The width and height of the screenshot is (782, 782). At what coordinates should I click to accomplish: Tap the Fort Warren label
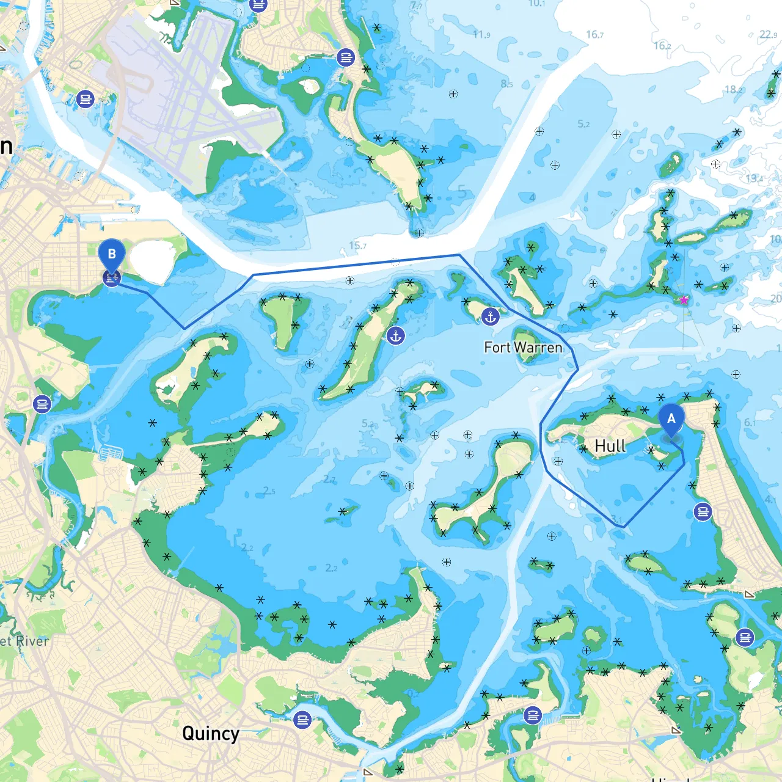[523, 348]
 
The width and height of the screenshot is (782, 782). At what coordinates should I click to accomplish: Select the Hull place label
[610, 446]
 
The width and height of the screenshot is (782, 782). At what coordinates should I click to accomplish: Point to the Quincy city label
[210, 733]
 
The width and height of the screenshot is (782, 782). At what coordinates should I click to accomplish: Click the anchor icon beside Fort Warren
[490, 316]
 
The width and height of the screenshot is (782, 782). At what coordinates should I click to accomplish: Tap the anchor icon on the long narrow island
[396, 335]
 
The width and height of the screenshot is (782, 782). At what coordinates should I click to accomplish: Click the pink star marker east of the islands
[684, 299]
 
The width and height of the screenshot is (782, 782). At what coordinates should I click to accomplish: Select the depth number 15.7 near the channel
[357, 246]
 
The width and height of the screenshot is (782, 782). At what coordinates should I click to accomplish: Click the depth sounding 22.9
[768, 35]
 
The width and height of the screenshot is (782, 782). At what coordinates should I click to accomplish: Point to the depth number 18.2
[734, 90]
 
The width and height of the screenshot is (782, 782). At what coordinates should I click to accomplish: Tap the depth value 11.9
[481, 35]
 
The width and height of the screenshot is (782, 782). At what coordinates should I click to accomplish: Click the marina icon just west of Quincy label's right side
[302, 720]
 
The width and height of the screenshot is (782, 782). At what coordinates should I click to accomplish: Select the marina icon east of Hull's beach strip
[703, 512]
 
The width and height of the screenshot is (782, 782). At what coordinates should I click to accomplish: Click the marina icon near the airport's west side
[86, 98]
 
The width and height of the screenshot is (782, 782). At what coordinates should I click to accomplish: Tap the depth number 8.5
[506, 84]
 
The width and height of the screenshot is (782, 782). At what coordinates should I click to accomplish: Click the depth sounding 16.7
[594, 34]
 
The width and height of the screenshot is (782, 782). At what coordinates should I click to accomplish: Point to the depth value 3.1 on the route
[616, 519]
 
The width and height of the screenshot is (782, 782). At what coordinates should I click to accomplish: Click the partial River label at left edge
[24, 641]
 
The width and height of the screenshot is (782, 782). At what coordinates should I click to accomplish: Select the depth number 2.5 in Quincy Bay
[269, 491]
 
